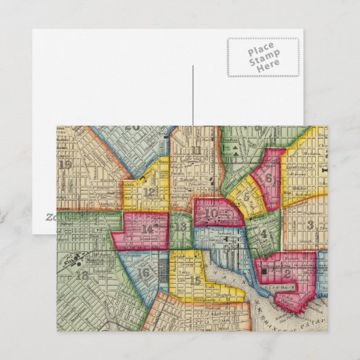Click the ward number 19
pyautogui.click(x=65, y=164)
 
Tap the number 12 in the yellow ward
pyautogui.click(x=149, y=192)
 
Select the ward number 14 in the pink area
pyautogui.click(x=147, y=229)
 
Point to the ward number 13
pyautogui.click(x=180, y=227)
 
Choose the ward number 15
pyautogui.click(x=196, y=280)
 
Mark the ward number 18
pyautogui.click(x=82, y=275)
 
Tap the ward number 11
pyautogui.click(x=196, y=151)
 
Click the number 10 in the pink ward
pyautogui.click(x=213, y=213)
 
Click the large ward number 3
pyautogui.click(x=310, y=225)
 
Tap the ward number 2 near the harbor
pyautogui.click(x=288, y=274)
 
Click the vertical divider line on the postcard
pyautogui.click(x=194, y=95)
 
